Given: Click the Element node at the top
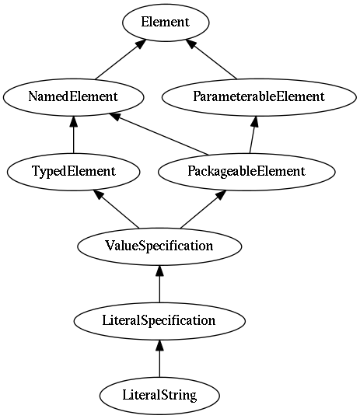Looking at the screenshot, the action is click(166, 23).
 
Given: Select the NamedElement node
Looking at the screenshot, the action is click(74, 97).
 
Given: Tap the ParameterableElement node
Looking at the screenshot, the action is click(259, 97).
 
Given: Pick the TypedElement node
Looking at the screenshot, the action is click(74, 172).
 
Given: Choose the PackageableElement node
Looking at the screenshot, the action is click(246, 172).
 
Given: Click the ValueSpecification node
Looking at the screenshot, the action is click(159, 246).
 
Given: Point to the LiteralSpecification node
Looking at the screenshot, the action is click(159, 321).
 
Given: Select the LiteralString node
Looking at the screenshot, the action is click(159, 396).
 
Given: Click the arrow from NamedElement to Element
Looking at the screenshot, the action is click(121, 59).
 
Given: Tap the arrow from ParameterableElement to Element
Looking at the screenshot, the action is click(211, 59).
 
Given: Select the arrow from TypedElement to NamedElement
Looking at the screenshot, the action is click(74, 134).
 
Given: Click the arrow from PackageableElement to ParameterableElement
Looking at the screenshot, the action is click(253, 134).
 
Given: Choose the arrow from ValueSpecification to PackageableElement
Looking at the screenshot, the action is click(204, 209).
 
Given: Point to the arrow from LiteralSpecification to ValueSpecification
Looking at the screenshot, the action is click(159, 284).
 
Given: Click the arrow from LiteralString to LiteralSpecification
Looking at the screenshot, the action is click(159, 358).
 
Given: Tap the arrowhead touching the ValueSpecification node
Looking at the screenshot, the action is click(159, 271).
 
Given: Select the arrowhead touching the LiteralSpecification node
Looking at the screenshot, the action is click(159, 345).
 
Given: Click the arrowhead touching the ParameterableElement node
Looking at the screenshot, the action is click(255, 121).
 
